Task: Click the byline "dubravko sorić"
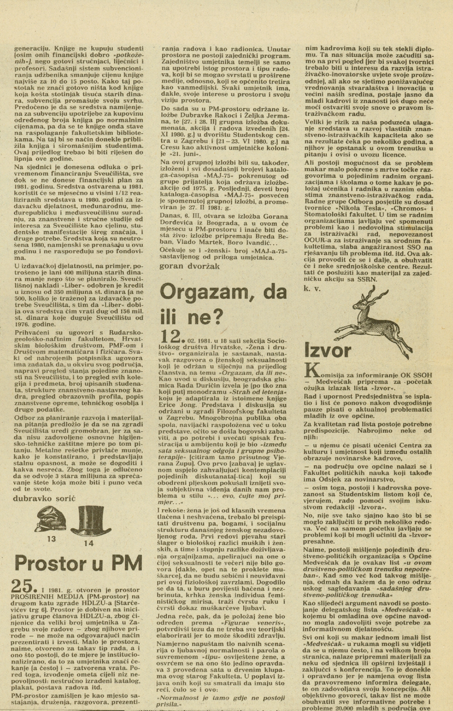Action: click(44, 498)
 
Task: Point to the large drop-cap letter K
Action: click(312, 370)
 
